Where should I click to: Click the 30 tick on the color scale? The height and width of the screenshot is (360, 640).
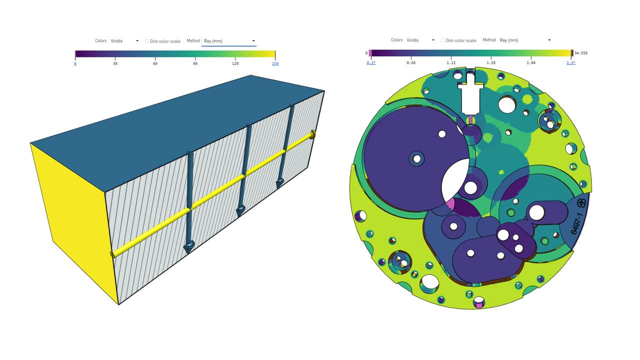tap(115, 63)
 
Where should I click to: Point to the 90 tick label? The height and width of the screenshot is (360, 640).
tap(195, 63)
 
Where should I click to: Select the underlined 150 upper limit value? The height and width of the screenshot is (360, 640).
tap(275, 63)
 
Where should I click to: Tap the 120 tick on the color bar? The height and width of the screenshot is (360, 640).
tap(235, 63)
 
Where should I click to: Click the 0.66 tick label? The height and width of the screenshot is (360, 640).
tap(411, 62)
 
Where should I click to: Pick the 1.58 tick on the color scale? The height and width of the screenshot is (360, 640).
tap(491, 62)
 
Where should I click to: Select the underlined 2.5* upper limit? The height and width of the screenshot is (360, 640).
tap(571, 62)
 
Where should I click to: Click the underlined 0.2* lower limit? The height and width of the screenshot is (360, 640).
tap(371, 62)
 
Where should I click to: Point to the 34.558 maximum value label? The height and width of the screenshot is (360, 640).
tap(581, 53)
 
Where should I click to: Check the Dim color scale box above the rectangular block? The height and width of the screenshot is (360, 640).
tap(147, 41)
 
